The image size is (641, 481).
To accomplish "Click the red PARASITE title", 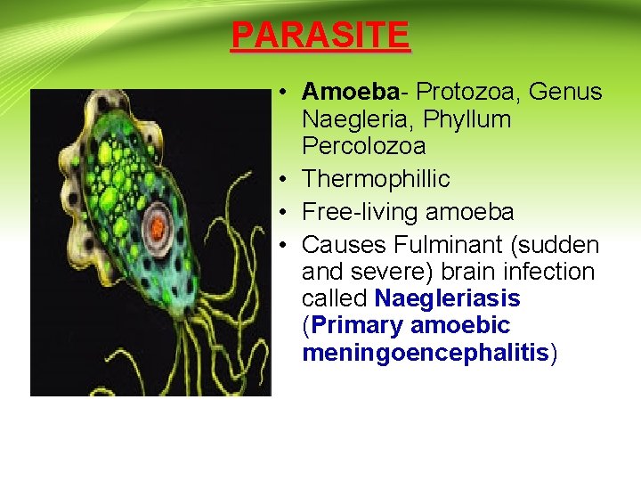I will click(320, 36).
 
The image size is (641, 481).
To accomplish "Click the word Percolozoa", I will click(363, 145).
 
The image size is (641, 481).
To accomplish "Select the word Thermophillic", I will click(376, 179).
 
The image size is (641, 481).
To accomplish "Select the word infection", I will click(553, 272).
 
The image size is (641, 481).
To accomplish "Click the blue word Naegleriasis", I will click(447, 298).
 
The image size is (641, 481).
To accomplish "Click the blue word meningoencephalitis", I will click(426, 353).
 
